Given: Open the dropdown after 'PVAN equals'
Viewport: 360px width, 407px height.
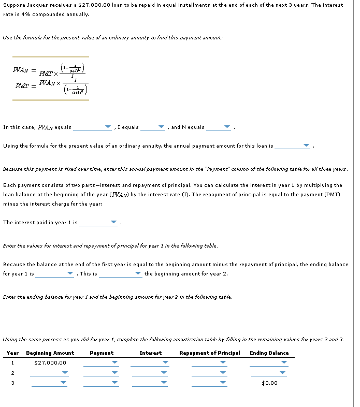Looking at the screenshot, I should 92,127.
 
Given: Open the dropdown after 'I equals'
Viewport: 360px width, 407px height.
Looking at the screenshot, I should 153,127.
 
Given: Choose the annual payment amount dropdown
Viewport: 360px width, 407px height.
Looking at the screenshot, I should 293,146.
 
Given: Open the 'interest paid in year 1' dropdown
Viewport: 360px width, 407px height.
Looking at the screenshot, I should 98,223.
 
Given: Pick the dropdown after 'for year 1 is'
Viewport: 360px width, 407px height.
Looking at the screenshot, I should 54,274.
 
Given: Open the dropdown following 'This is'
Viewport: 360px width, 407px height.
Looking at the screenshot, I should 121,274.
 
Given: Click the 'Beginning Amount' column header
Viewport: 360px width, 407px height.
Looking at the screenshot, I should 50,353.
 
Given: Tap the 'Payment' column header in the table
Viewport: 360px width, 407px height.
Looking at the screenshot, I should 102,353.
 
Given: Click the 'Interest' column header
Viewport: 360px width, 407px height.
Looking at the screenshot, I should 150,353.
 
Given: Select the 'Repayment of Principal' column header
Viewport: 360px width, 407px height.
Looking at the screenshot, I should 209,353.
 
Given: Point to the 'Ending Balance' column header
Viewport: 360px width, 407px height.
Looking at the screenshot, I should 269,353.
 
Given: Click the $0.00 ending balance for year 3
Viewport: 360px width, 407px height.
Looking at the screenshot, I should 269,383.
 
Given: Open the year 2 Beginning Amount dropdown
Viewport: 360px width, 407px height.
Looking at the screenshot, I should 49,373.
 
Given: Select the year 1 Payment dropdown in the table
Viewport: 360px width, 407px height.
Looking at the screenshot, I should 101,362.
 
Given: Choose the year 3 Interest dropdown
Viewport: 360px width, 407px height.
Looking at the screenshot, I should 150,383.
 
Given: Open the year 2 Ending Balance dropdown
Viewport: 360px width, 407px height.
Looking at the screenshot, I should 269,373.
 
